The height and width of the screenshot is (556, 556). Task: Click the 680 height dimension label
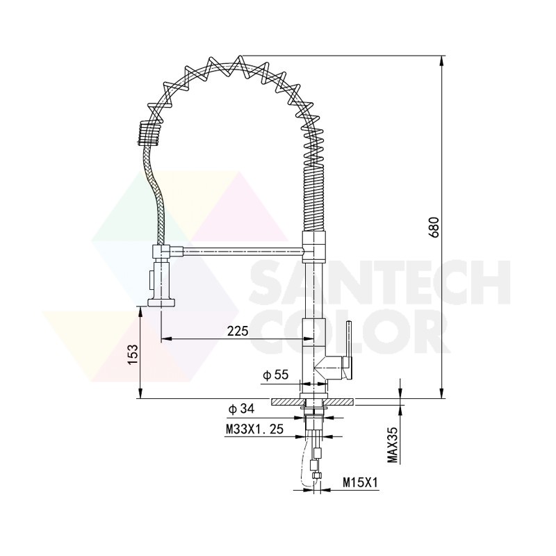[x=434, y=227]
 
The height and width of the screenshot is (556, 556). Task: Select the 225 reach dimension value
[x=238, y=331]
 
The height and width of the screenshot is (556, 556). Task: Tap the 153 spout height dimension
[x=132, y=354]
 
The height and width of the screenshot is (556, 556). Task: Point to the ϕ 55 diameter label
[x=276, y=375]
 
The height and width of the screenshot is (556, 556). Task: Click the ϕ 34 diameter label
[x=241, y=409]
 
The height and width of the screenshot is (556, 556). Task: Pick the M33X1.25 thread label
[x=255, y=430]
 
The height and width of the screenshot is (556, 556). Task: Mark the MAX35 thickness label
[x=393, y=445]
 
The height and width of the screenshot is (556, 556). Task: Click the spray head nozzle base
[x=161, y=302]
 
